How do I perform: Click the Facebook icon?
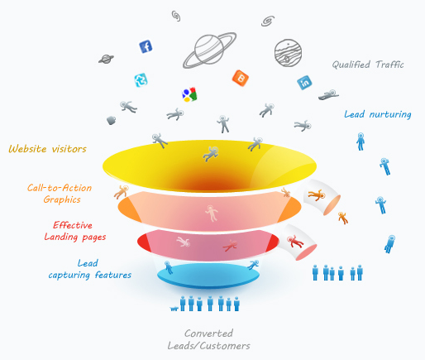146,46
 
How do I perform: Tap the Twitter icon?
141,80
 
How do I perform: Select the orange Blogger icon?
241,78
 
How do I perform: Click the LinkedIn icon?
304,83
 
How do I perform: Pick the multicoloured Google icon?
189,94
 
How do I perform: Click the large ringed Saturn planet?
209,50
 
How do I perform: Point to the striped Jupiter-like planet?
288,53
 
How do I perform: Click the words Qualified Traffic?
368,65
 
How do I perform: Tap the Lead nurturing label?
378,114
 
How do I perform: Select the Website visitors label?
48,149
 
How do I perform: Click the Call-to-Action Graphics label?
60,194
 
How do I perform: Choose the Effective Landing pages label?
75,231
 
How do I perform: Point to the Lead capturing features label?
90,269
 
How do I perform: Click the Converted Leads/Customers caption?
208,339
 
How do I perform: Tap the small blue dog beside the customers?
174,309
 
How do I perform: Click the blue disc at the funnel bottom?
208,276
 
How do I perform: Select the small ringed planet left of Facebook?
106,59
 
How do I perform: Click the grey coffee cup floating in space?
111,120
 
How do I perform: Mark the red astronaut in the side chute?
294,242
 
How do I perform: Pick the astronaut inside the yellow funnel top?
211,154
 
